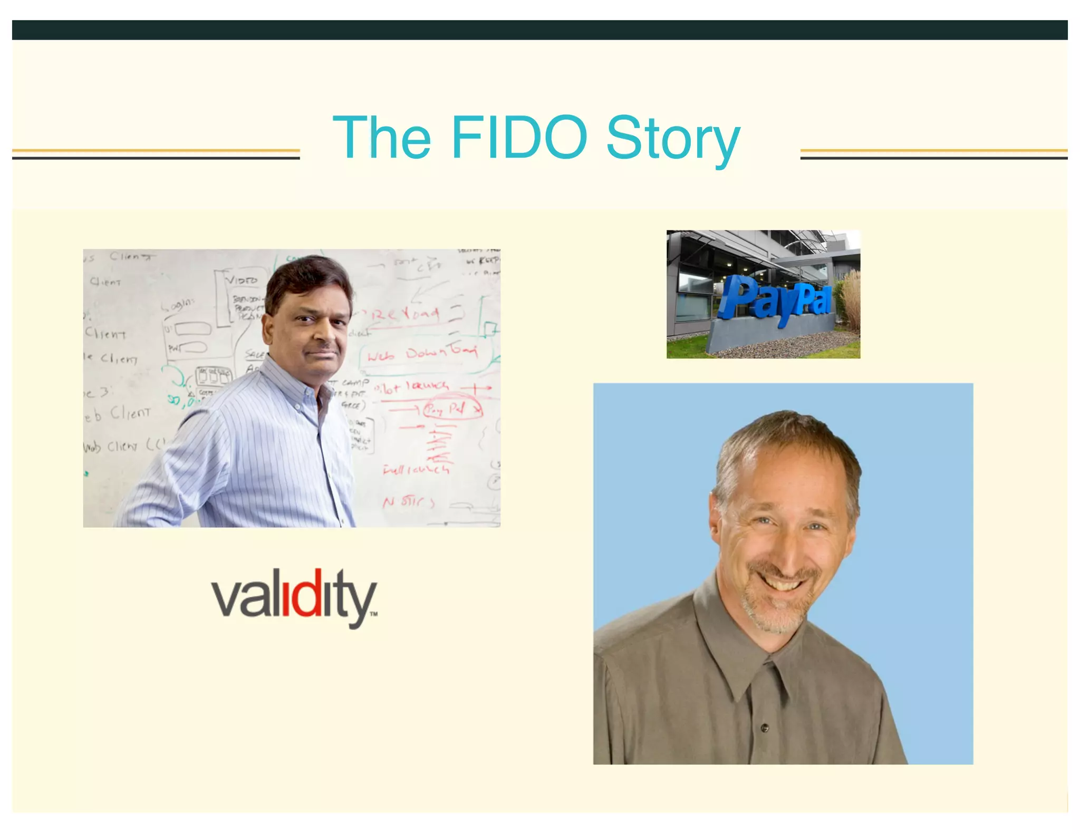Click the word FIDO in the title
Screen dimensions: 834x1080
pos(519,137)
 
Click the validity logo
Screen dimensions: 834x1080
pos(294,598)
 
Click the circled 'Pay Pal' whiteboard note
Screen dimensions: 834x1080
pos(452,409)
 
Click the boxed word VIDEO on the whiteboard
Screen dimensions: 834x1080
pos(242,280)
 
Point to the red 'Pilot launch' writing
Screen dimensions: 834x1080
pos(412,388)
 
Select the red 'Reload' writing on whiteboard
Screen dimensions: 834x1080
pos(405,315)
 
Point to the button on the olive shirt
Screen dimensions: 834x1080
pos(765,728)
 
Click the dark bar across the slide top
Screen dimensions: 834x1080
pos(540,30)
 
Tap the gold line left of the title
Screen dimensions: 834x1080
pos(156,151)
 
